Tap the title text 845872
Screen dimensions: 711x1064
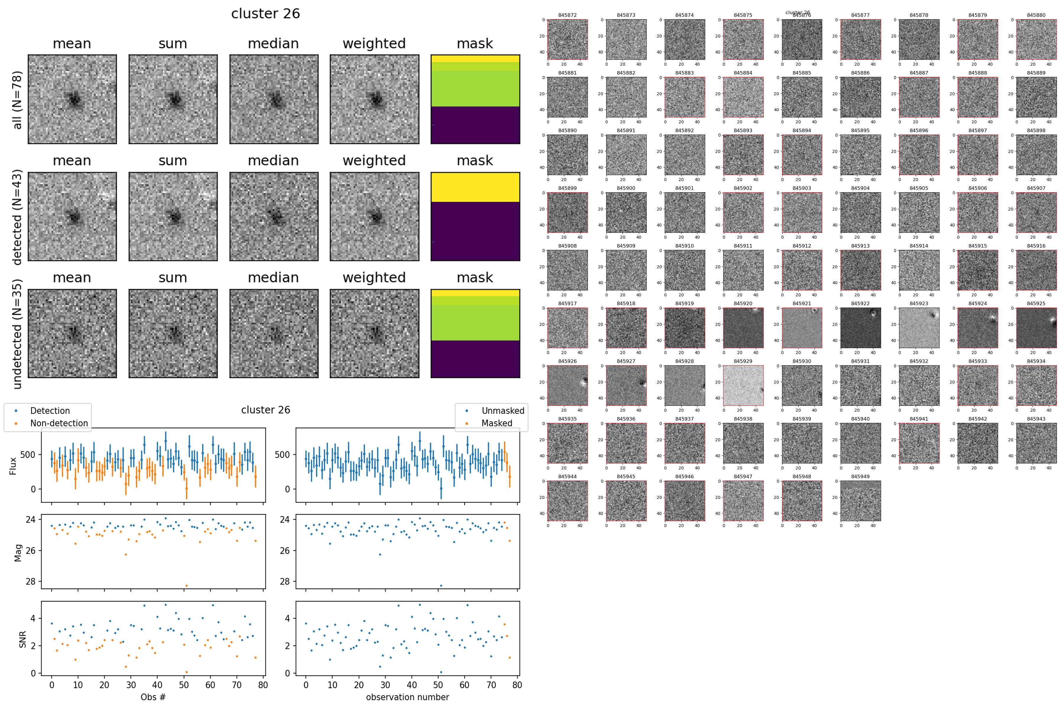click(567, 15)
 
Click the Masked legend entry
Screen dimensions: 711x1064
click(497, 423)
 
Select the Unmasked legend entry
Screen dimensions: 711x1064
click(502, 411)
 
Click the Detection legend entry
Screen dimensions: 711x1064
click(50, 411)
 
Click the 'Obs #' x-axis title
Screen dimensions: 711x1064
click(153, 697)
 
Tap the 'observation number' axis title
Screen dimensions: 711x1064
click(407, 697)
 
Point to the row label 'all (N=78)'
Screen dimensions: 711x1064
click(17, 100)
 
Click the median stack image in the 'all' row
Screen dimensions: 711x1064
click(274, 99)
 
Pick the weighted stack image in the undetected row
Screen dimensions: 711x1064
click(374, 333)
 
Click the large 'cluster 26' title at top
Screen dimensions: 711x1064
click(265, 14)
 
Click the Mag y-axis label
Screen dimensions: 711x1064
click(18, 553)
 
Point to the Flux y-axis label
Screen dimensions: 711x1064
click(13, 466)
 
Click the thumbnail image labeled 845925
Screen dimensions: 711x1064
click(1036, 328)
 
